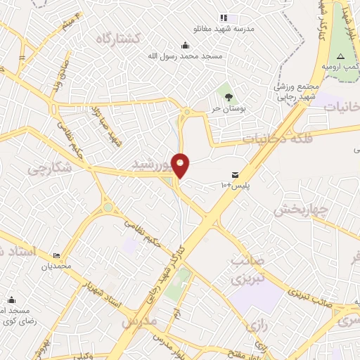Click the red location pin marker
pyautogui.click(x=181, y=166)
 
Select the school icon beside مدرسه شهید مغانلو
pyautogui.click(x=224, y=18)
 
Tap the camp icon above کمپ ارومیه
pyautogui.click(x=340, y=55)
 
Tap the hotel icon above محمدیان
pyautogui.click(x=56, y=255)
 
